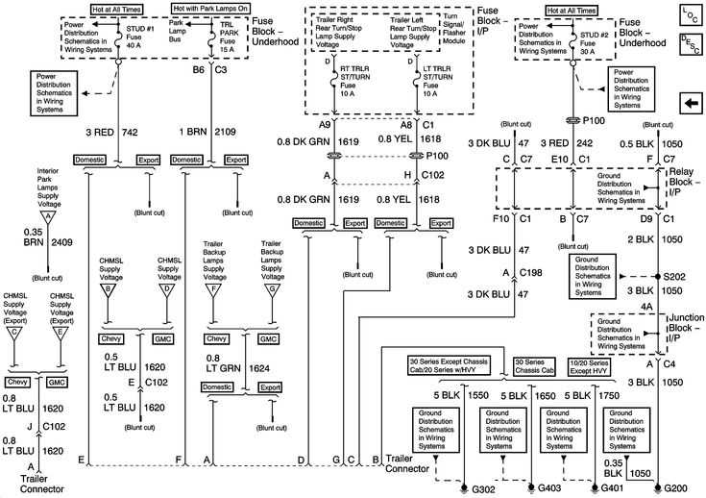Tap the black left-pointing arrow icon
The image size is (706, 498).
[x=689, y=103]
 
